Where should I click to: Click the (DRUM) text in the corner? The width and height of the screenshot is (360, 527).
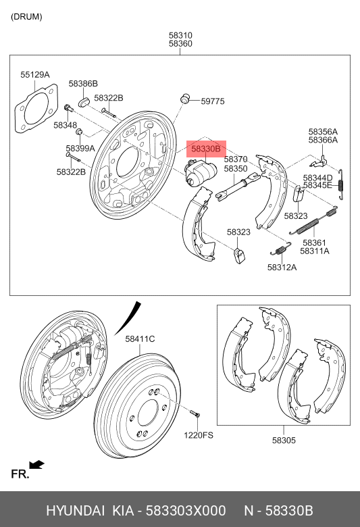coord(26,16)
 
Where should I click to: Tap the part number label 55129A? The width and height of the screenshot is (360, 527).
coord(35,75)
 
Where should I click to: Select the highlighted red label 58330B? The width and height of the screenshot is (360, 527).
coord(205,149)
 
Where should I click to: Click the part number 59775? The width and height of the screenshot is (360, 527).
coord(212,101)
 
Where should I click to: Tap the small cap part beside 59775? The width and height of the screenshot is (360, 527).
coord(184,99)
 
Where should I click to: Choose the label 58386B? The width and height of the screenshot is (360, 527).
coord(83,84)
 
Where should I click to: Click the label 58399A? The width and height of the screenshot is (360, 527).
coord(80,148)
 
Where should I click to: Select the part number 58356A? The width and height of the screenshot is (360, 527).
coord(323,132)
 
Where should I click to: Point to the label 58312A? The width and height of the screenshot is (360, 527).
coord(282,267)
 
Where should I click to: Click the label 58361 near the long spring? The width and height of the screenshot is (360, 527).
coord(314,243)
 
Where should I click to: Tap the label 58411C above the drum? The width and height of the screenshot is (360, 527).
coord(140,338)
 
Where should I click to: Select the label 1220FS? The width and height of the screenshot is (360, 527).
coord(198,435)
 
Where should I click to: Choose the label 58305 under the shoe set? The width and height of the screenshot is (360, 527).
coord(284,440)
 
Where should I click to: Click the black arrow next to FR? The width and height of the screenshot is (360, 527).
coord(38,465)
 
